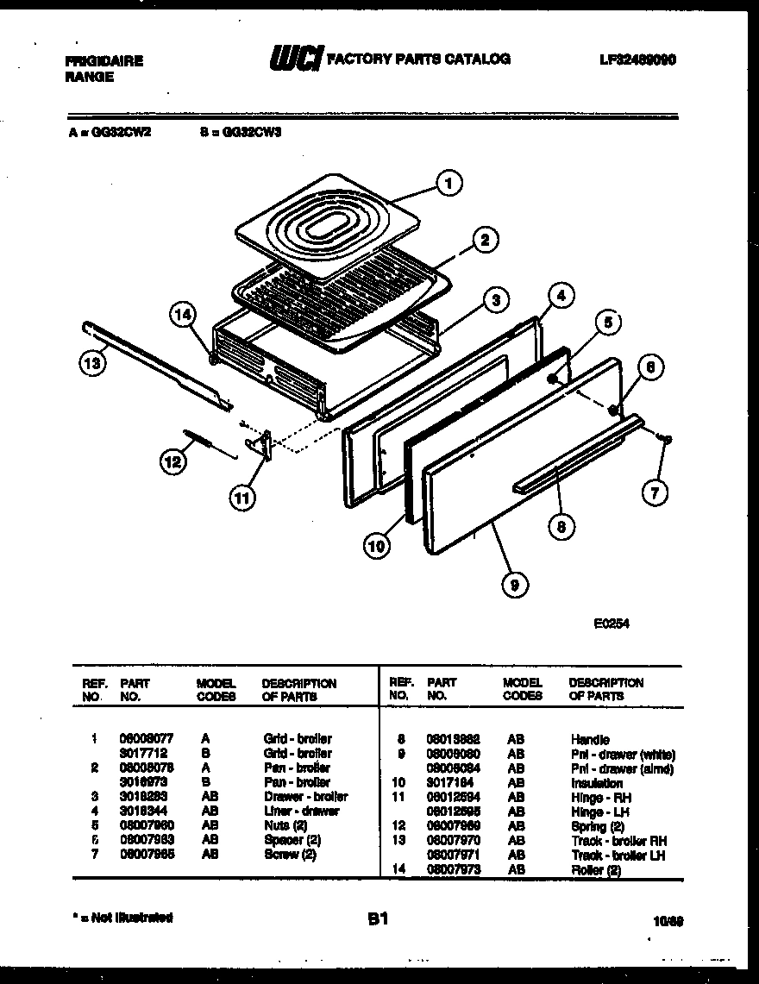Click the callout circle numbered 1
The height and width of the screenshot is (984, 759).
click(448, 183)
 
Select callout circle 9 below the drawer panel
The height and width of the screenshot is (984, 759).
click(514, 585)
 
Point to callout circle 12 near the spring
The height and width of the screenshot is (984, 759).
click(173, 461)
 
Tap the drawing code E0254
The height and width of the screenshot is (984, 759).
click(611, 626)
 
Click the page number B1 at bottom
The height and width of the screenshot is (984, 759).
click(377, 920)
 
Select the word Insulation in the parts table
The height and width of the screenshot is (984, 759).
click(596, 783)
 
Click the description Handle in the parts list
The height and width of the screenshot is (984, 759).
click(589, 739)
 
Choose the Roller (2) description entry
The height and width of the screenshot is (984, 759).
click(595, 870)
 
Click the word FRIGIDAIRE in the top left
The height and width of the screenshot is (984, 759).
click(104, 61)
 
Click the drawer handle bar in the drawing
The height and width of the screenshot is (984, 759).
click(578, 454)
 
